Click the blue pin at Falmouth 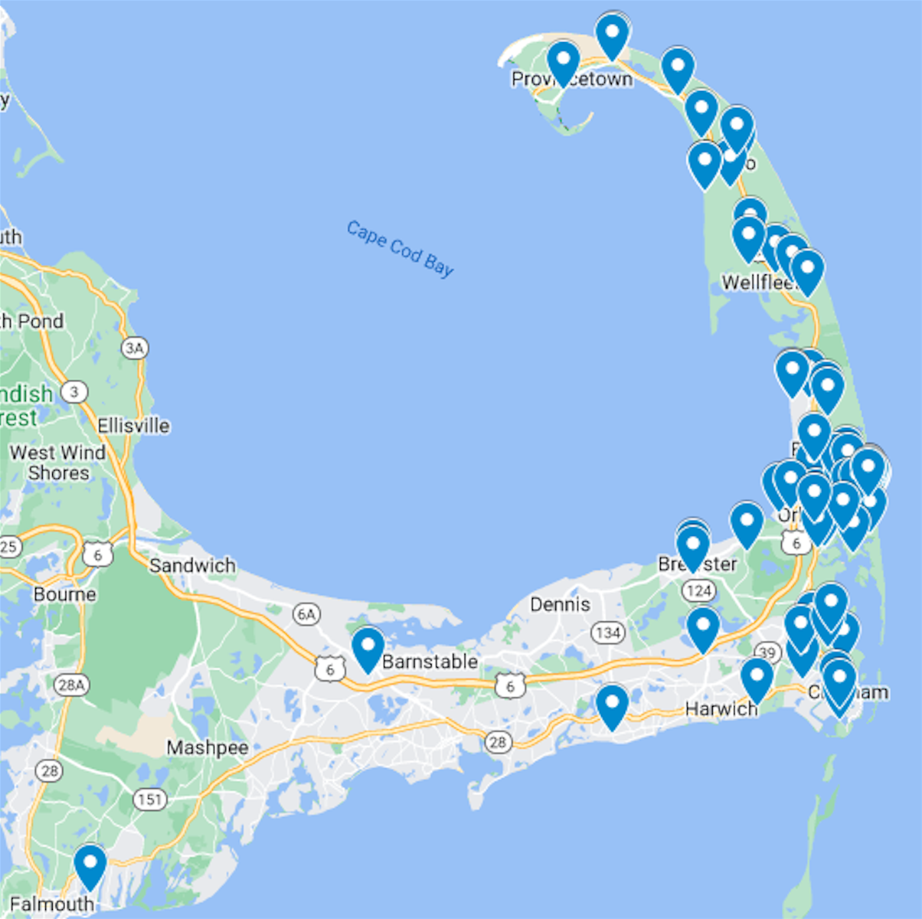pyautogui.click(x=90, y=865)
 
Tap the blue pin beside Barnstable pyautogui.click(x=368, y=648)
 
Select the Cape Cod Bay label pyautogui.click(x=400, y=248)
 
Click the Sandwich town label pyautogui.click(x=192, y=565)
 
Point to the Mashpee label pyautogui.click(x=207, y=747)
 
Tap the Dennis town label pyautogui.click(x=560, y=604)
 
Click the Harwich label pyautogui.click(x=721, y=709)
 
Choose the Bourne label pyautogui.click(x=65, y=594)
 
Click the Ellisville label pyautogui.click(x=133, y=426)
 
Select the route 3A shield pyautogui.click(x=135, y=348)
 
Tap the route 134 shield pyautogui.click(x=607, y=633)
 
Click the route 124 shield pyautogui.click(x=698, y=590)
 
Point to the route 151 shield pyautogui.click(x=149, y=800)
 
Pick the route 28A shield pyautogui.click(x=71, y=685)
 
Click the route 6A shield pyautogui.click(x=306, y=613)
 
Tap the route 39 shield pyautogui.click(x=767, y=652)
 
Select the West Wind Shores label pyautogui.click(x=58, y=463)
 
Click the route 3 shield pyautogui.click(x=74, y=393)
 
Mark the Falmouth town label pyautogui.click(x=52, y=904)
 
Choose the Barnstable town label pyautogui.click(x=430, y=661)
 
